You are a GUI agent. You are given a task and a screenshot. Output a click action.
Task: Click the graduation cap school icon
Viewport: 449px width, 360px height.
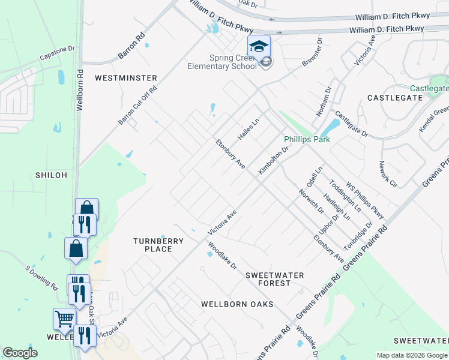pyautogui.click(x=259, y=46)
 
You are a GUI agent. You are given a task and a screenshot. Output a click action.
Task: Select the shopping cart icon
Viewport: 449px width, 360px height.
pyautogui.click(x=64, y=318)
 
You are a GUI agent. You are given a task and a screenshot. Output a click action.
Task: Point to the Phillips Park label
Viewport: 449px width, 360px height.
pyautogui.click(x=307, y=139)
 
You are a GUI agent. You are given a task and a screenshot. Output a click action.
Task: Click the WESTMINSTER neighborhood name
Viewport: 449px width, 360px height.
pyautogui.click(x=126, y=78)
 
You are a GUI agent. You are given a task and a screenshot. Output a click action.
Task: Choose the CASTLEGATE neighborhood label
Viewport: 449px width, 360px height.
pyautogui.click(x=394, y=97)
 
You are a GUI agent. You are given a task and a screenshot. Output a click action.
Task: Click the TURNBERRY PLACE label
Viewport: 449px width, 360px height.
pyautogui.click(x=158, y=245)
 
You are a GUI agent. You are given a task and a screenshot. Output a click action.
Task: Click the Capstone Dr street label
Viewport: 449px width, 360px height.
pyautogui.click(x=58, y=53)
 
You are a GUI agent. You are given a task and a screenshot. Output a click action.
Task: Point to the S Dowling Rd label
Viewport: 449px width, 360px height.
pyautogui.click(x=41, y=278)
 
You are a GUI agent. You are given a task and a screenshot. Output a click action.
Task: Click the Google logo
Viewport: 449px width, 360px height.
pyautogui.click(x=20, y=353)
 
